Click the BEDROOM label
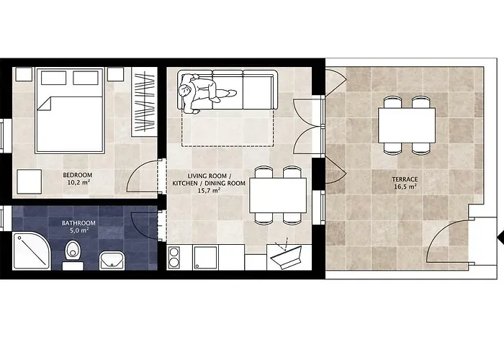pyautogui.click(x=78, y=175)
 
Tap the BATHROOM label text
pyautogui.click(x=78, y=223)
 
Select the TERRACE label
pyautogui.click(x=405, y=179)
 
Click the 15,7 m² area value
pyautogui.click(x=209, y=190)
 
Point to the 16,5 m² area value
pyautogui.click(x=405, y=186)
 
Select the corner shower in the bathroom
pyautogui.click(x=32, y=251)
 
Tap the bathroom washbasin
pyautogui.click(x=112, y=261)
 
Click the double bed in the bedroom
pyautogui.click(x=70, y=110)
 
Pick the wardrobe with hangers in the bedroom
pyautogui.click(x=144, y=102)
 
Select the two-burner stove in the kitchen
pyautogui.click(x=174, y=257)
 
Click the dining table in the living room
pyautogui.click(x=278, y=195)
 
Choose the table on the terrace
pyautogui.click(x=407, y=125)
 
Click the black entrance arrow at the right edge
pyautogui.click(x=500, y=238)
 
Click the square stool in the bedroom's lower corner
pyautogui.click(x=29, y=181)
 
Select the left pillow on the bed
pyautogui.click(x=54, y=78)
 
